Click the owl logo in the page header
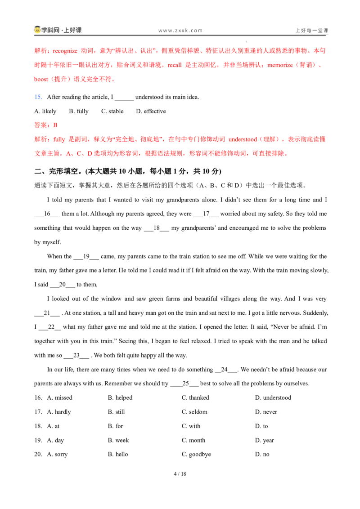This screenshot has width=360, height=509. point(37,30)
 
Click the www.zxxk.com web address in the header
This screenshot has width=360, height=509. point(180,31)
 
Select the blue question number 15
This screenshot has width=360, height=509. point(38,97)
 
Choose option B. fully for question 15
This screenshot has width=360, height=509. point(79,112)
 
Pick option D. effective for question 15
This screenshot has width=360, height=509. point(151,112)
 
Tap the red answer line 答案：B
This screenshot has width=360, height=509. point(46,125)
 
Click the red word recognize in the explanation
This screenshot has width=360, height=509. point(65,51)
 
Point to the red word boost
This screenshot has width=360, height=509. point(41,79)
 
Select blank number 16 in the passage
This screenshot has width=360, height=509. point(47,214)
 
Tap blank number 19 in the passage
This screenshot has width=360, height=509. point(86,256)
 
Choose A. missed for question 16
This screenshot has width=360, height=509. point(59,398)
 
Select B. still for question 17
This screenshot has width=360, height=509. point(116,412)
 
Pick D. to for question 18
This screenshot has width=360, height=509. point(261,426)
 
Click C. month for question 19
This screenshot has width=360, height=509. point(193,441)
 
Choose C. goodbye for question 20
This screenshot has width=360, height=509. point(196,455)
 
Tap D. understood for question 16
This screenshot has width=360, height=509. point(273,398)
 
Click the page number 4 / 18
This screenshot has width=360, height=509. point(180,474)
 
